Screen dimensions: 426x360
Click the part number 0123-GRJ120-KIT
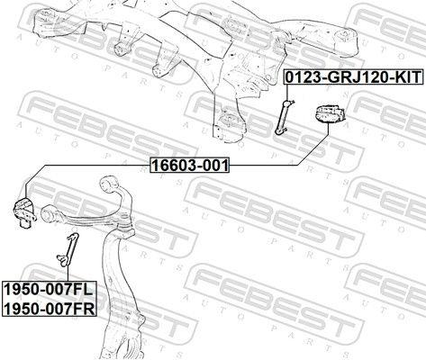point(354,77)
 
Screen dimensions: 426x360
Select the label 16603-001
point(190,165)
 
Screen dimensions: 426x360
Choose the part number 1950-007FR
point(50,308)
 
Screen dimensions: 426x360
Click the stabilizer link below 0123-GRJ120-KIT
point(284,117)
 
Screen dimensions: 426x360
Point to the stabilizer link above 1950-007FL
point(68,249)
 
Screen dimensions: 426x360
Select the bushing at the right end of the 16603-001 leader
point(329,114)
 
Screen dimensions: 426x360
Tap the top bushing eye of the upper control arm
point(109,184)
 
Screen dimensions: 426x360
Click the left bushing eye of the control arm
point(49,213)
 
